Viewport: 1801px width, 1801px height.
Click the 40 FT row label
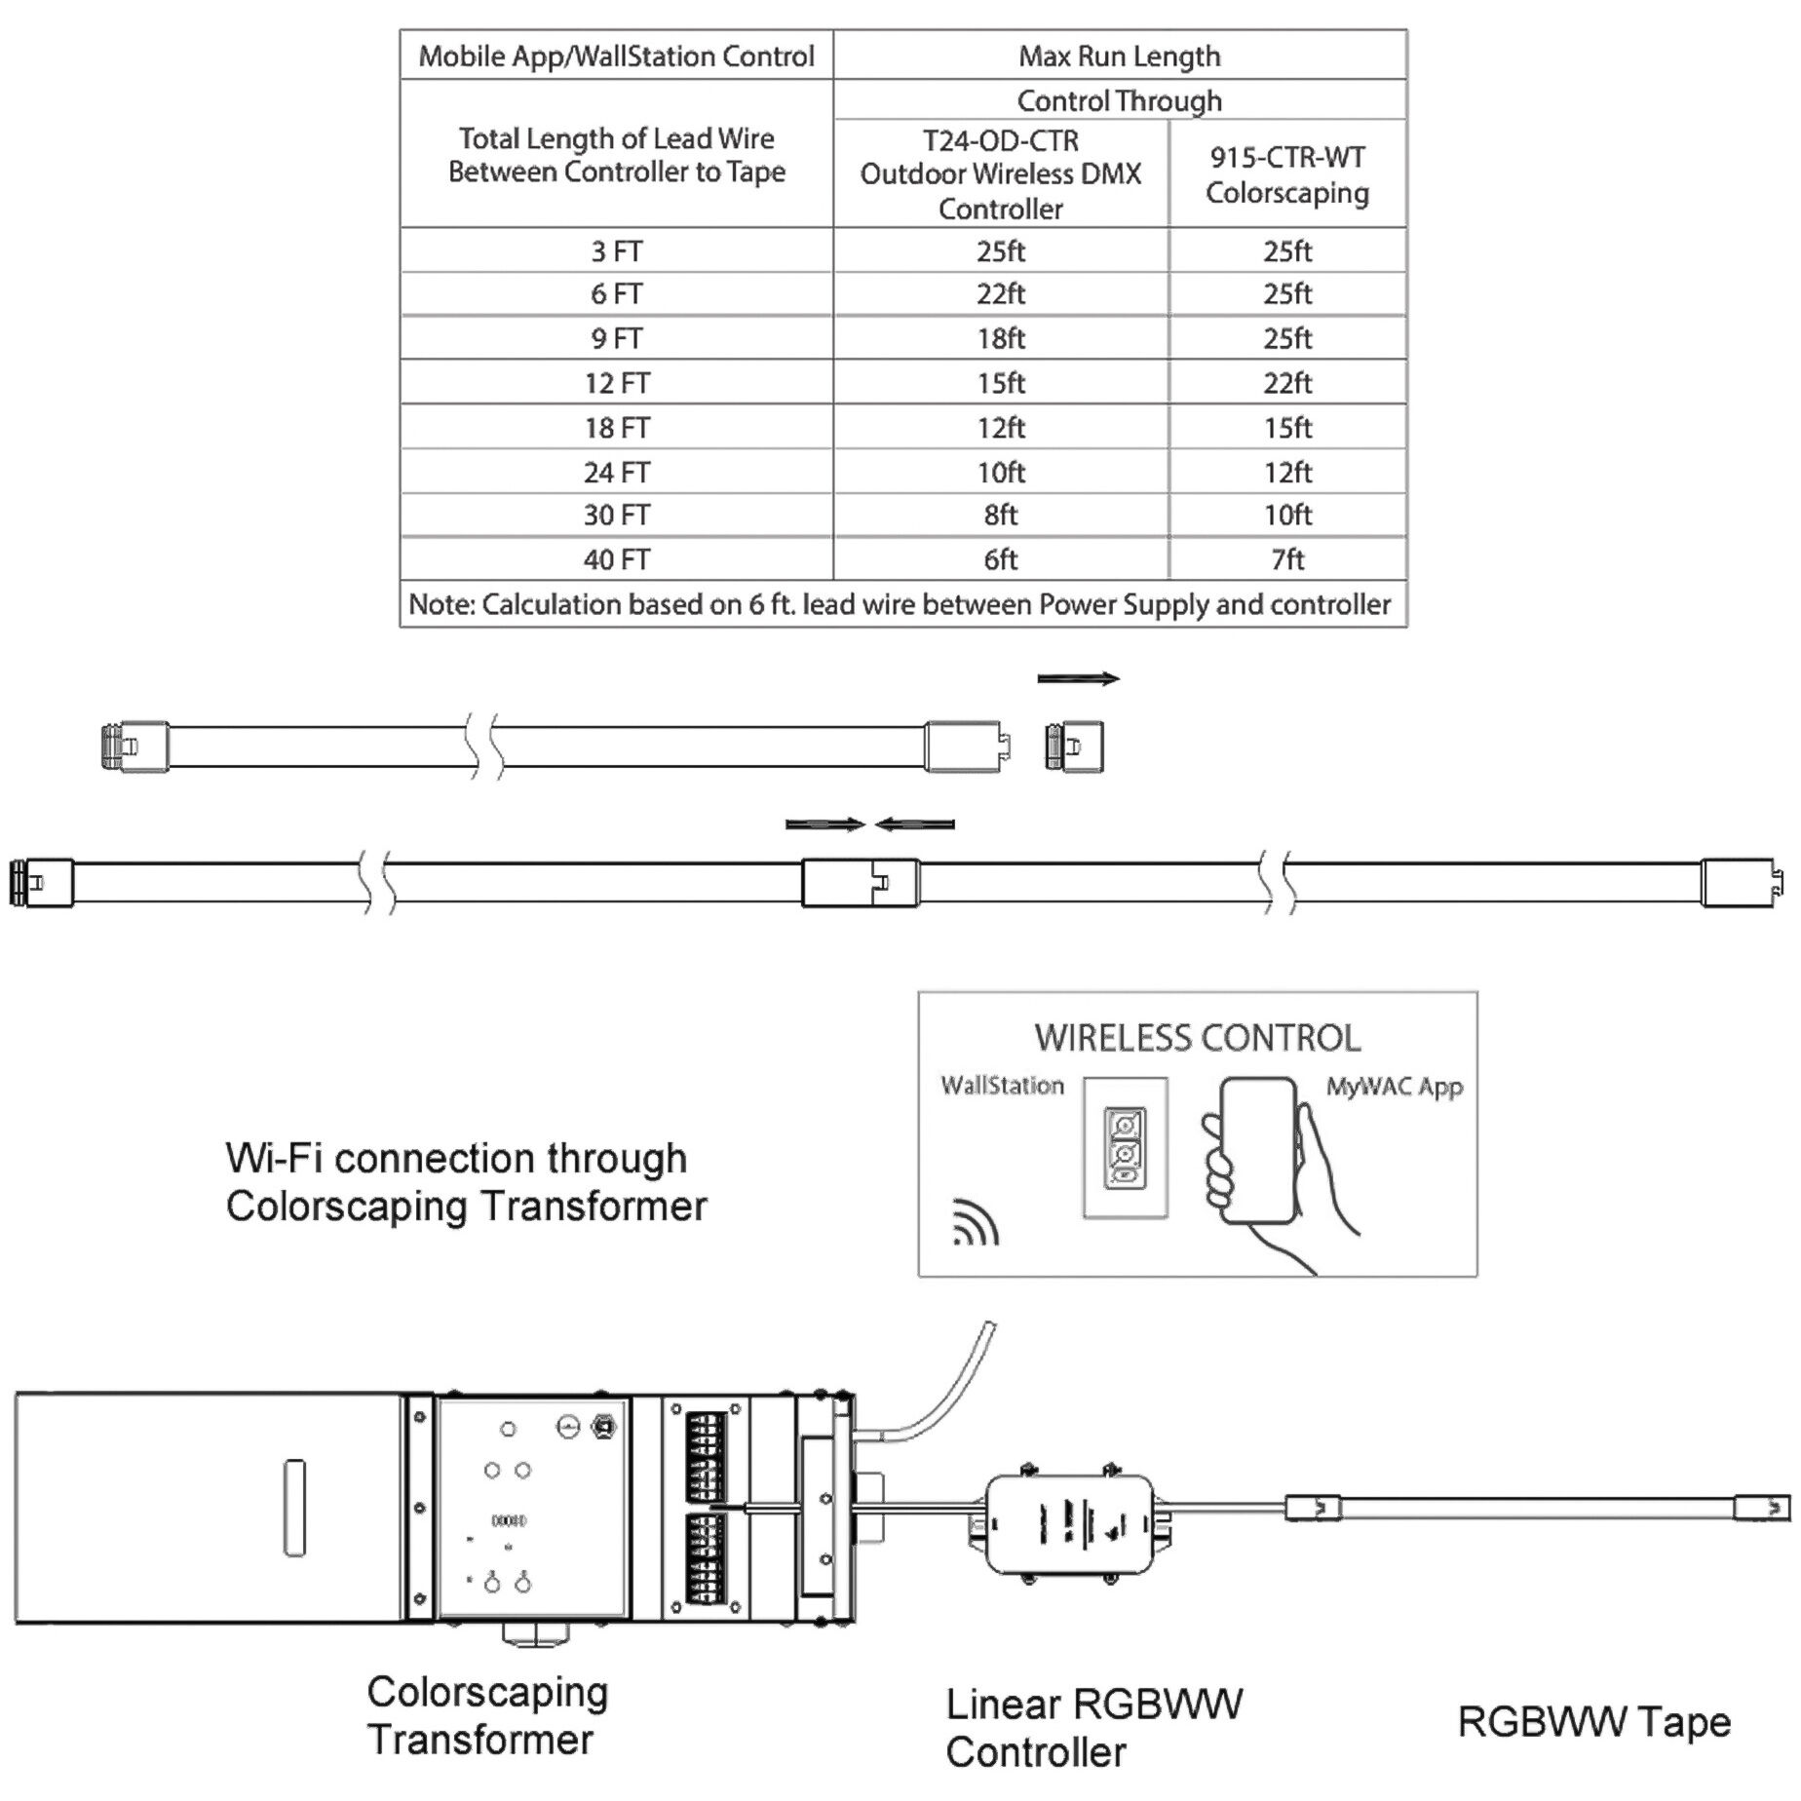616,559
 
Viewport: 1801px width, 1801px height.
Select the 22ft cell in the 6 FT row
1001,293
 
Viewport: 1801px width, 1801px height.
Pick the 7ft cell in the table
1287,559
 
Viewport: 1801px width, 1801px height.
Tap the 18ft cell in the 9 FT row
1001,338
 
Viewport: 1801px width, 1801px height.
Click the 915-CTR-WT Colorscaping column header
1287,174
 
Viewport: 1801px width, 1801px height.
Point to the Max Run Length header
1119,56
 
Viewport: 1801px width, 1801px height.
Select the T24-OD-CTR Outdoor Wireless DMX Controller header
1001,174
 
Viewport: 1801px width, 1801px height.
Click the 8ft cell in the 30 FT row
1001,515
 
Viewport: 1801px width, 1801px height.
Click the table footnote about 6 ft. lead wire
900,604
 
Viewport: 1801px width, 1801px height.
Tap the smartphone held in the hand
1258,1150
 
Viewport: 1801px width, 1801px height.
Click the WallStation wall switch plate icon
1125,1148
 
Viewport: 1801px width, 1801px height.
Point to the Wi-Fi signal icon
975,1223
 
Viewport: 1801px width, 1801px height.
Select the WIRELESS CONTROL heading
1198,1038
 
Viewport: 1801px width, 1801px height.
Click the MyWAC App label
1394,1087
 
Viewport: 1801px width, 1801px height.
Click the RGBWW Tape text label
1593,1722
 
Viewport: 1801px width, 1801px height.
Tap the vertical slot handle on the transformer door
293,1508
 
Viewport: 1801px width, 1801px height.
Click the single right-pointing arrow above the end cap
1078,678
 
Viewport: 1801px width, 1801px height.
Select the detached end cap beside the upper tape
1074,747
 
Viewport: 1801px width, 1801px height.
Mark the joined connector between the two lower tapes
860,883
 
